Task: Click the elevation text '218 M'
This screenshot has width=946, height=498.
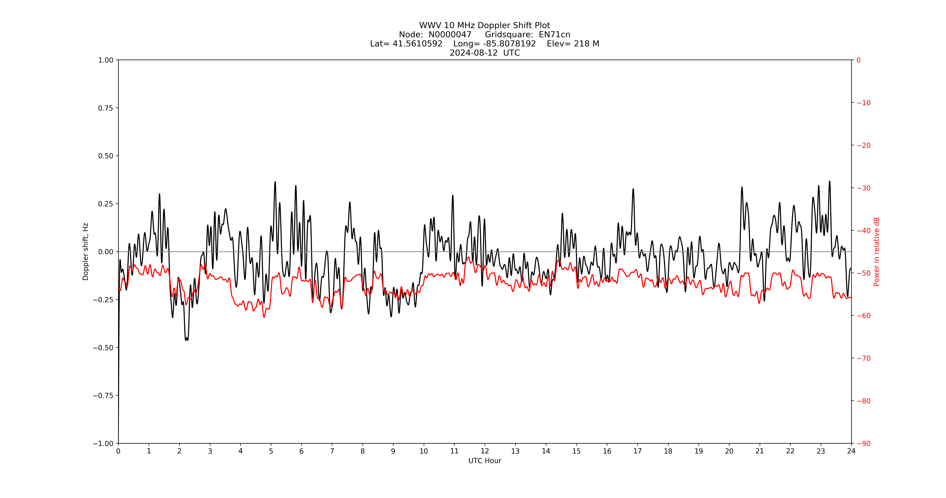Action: (x=587, y=44)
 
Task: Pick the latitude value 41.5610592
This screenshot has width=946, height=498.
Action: (x=418, y=44)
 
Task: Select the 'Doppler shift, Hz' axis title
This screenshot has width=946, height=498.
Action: (x=86, y=252)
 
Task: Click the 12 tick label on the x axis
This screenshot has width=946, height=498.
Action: (x=485, y=451)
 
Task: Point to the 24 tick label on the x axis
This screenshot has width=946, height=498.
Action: (x=851, y=451)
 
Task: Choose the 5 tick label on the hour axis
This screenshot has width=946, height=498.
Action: (x=271, y=451)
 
